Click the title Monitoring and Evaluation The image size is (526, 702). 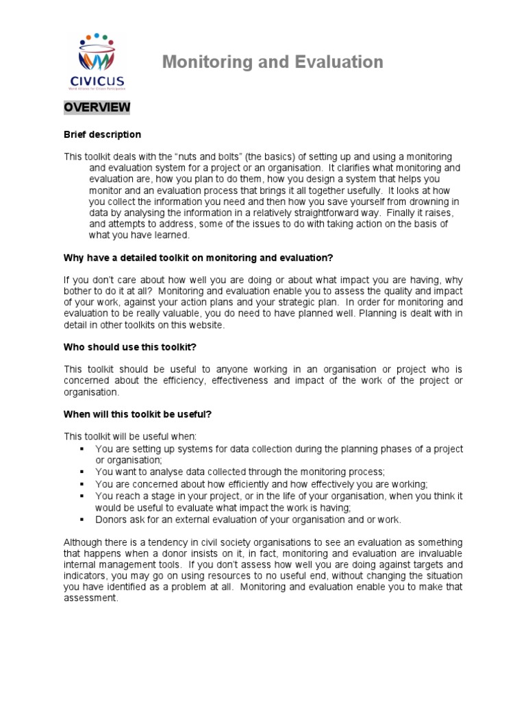coord(273,62)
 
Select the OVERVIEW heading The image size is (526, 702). coord(97,108)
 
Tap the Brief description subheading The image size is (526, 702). coord(103,134)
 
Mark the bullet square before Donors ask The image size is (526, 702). coord(82,520)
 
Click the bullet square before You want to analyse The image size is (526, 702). coord(82,472)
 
